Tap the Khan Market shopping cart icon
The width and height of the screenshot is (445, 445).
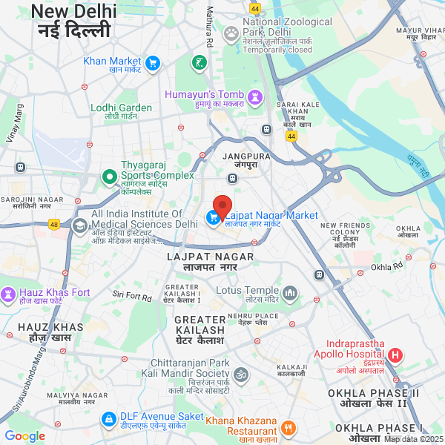(153, 63)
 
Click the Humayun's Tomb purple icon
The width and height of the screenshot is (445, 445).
(255, 96)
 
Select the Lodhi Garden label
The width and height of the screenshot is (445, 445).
(121, 108)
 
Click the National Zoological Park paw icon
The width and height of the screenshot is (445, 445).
(231, 32)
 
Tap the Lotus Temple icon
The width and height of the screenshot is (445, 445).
(290, 294)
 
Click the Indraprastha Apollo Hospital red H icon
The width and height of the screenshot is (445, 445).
(395, 355)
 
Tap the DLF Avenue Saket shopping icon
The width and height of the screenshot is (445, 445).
(109, 419)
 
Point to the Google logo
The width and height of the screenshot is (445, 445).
(24, 436)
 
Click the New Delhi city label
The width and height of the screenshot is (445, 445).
(74, 12)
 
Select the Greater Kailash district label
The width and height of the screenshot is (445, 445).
(199, 324)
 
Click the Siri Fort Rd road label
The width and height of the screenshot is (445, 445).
(132, 297)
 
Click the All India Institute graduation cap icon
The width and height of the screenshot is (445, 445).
(79, 225)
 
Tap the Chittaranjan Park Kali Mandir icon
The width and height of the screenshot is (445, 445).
(240, 375)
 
